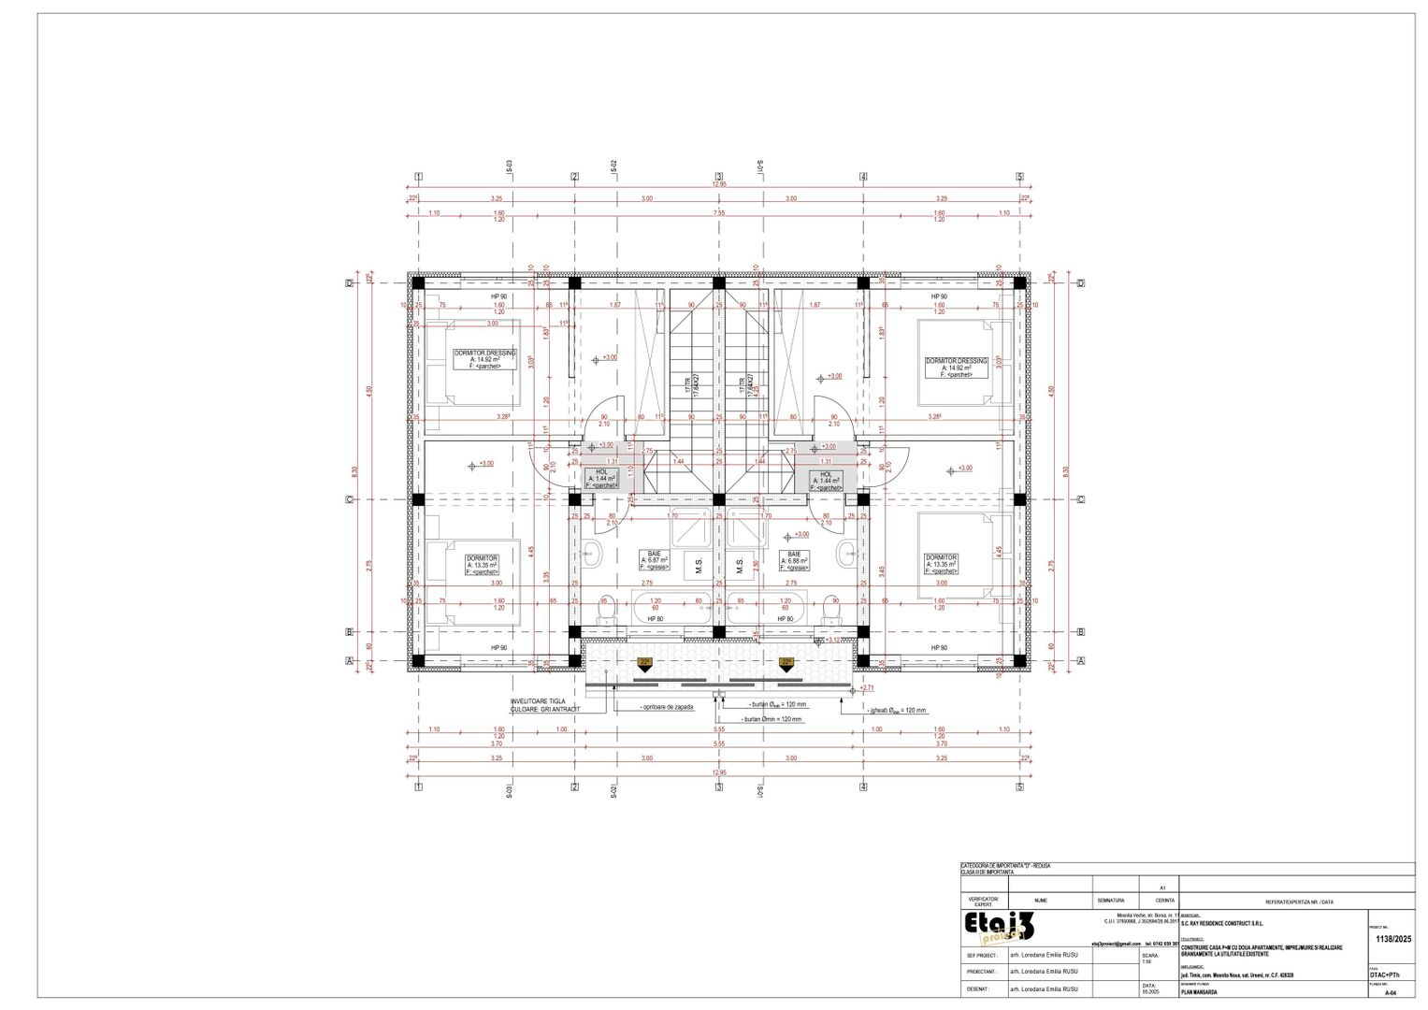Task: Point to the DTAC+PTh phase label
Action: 1385,975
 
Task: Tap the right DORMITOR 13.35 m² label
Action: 943,562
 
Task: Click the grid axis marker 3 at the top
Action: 719,177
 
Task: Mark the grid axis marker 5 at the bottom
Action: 1020,787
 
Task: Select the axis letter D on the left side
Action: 350,282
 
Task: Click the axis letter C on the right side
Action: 1080,499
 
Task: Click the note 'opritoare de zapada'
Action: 668,708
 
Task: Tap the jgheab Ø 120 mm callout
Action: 898,711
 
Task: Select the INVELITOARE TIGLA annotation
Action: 545,704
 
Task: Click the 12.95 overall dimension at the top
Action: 718,184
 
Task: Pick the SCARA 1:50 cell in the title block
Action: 1152,959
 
